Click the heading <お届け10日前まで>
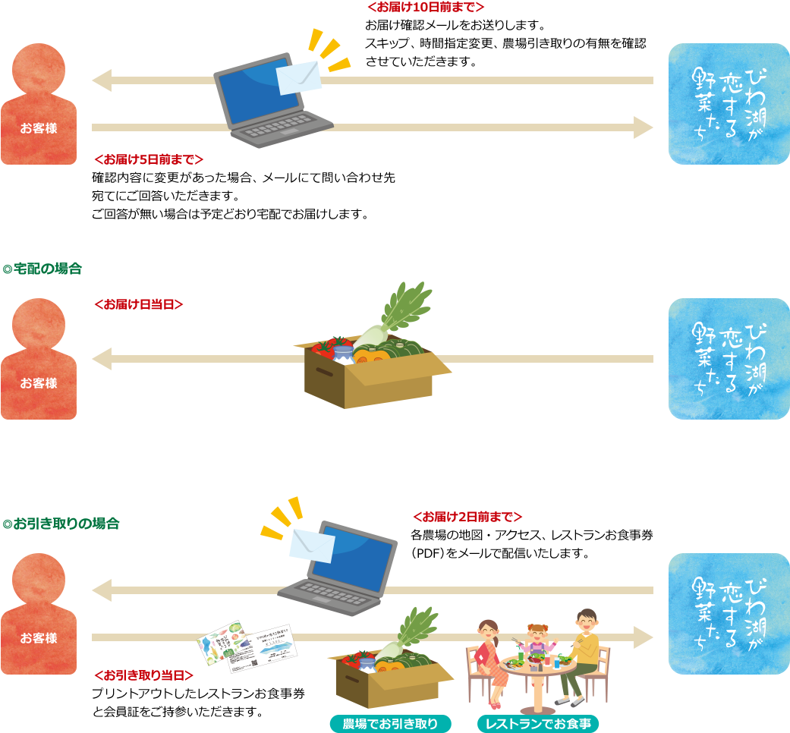(x=425, y=8)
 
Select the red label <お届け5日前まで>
(x=148, y=159)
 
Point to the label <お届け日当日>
(x=138, y=304)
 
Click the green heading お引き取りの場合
(x=61, y=524)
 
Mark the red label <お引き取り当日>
(x=143, y=675)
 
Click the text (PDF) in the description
(x=428, y=553)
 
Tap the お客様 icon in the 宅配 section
(x=39, y=359)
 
